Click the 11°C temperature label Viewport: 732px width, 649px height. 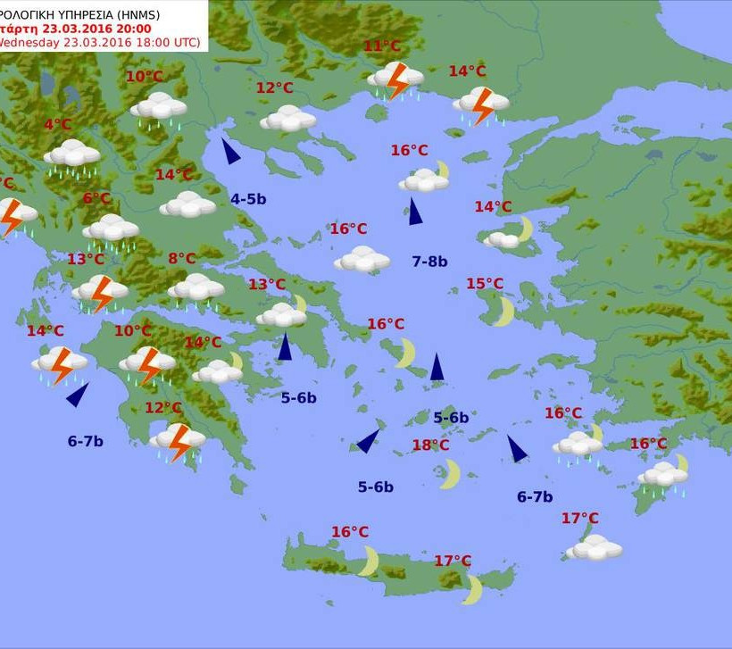382,47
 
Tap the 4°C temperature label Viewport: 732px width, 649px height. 57,125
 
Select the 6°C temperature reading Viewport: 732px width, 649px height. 96,199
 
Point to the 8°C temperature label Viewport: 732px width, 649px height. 181,259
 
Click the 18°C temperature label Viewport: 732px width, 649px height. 430,445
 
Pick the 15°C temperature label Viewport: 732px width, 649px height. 485,284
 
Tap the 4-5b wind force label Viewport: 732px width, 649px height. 248,199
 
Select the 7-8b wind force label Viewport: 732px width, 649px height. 429,262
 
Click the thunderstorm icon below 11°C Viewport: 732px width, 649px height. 395,80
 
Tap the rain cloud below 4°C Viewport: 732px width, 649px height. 72,155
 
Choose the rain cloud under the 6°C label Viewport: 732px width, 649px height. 111,230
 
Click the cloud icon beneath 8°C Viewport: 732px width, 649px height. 195,288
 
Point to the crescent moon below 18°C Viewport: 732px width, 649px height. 449,474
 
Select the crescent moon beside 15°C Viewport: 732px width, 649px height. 503,312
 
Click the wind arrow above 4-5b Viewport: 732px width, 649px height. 230,151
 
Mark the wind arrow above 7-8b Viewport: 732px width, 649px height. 414,212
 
